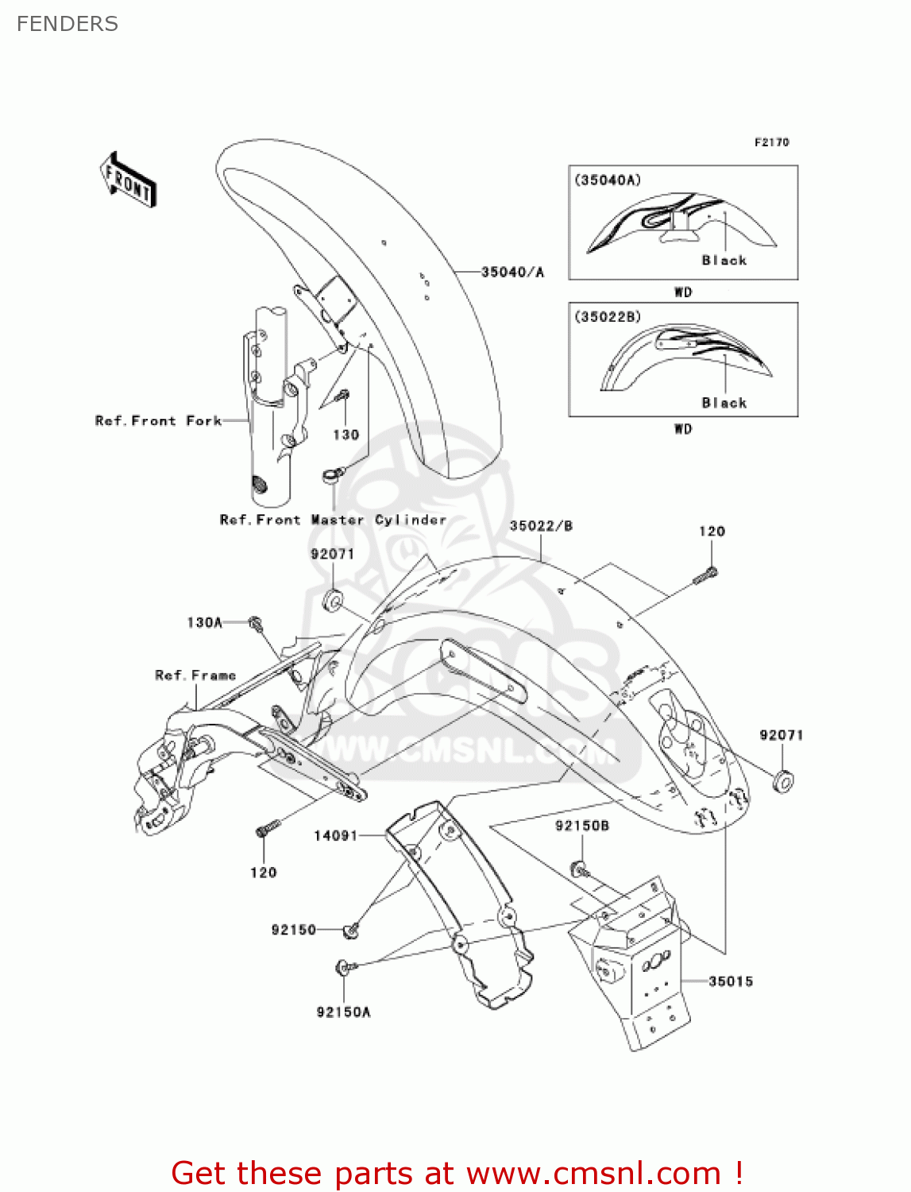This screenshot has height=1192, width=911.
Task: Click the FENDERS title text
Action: coord(68,24)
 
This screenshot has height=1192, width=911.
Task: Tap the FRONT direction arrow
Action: coord(128,180)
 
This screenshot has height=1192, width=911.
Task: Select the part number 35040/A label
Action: coord(512,273)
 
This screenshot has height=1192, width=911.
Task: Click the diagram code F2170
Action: coord(771,142)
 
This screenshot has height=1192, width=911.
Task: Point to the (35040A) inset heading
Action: coord(608,180)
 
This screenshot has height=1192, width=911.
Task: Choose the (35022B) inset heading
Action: coord(608,317)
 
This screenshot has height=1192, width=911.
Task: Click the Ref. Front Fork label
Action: coord(158,421)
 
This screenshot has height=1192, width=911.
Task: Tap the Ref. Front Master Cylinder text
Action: coord(333,520)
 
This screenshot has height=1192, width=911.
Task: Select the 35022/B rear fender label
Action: coord(541,526)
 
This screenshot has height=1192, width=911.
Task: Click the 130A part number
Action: coord(205,623)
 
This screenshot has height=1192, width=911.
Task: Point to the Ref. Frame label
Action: coord(195,675)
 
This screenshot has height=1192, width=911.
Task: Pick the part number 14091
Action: coord(336,835)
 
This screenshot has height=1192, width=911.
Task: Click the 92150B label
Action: coord(582,826)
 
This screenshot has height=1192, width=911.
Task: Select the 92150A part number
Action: coord(343,1012)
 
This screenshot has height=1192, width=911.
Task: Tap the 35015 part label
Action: coord(731,981)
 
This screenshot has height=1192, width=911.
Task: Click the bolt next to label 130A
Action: coord(256,624)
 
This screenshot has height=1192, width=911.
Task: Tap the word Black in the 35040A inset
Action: coord(724,261)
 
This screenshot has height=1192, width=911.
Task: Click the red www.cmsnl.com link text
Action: coord(593,1173)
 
